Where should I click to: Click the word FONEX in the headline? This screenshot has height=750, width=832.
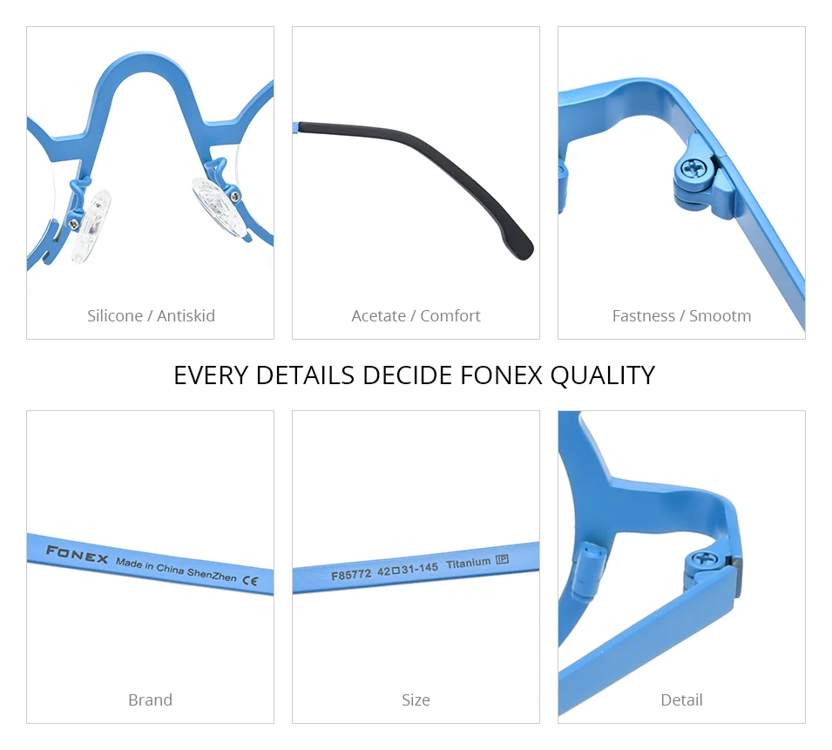pyautogui.click(x=502, y=375)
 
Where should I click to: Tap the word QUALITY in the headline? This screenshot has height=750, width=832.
pyautogui.click(x=603, y=376)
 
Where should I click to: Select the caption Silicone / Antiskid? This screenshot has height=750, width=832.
pyautogui.click(x=152, y=315)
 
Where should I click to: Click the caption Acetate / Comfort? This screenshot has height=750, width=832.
pyautogui.click(x=416, y=315)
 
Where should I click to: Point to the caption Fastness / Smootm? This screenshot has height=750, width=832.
pyautogui.click(x=682, y=315)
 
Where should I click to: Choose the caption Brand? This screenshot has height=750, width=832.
pyautogui.click(x=150, y=699)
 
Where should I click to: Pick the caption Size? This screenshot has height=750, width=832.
pyautogui.click(x=416, y=699)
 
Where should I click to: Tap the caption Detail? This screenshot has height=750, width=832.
pyautogui.click(x=682, y=699)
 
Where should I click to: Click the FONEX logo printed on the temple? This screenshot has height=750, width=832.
pyautogui.click(x=77, y=554)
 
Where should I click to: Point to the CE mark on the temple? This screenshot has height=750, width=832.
pyautogui.click(x=250, y=580)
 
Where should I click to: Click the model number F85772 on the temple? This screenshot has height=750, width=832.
pyautogui.click(x=351, y=574)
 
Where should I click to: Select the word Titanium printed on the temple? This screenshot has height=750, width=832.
pyautogui.click(x=468, y=563)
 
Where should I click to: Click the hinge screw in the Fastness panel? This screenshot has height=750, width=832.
pyautogui.click(x=693, y=169)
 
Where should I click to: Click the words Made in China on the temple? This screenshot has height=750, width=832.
pyautogui.click(x=150, y=566)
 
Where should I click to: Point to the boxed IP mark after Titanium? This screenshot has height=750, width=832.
pyautogui.click(x=502, y=559)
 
